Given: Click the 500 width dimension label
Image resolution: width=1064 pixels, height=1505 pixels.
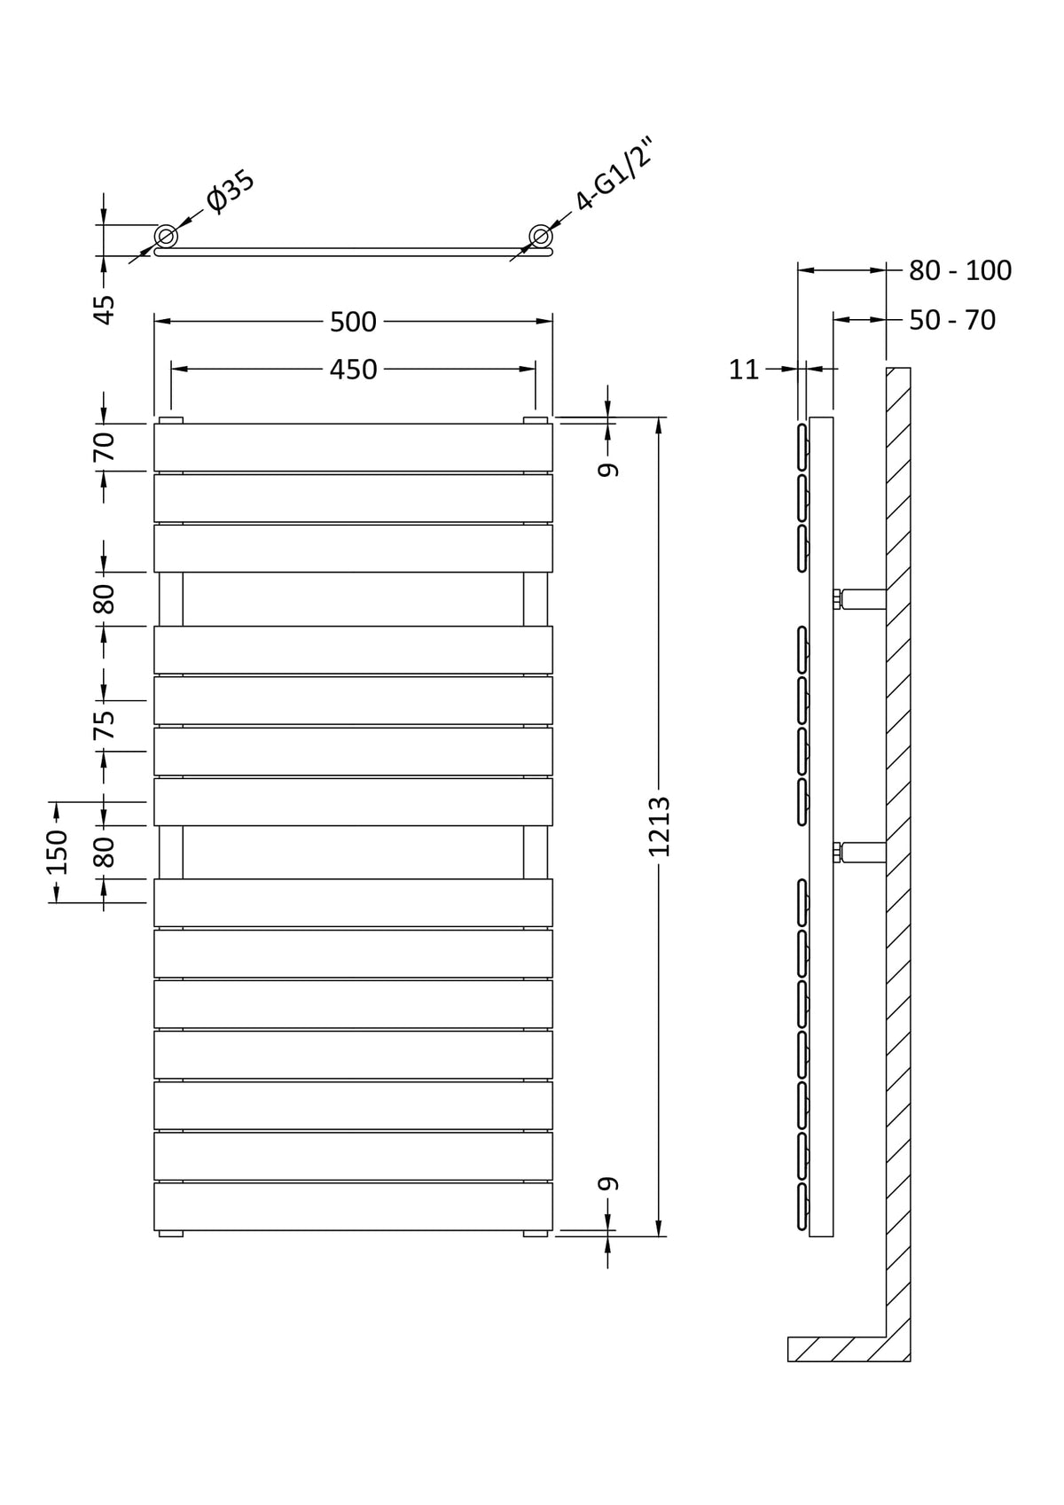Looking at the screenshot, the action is pos(353,323).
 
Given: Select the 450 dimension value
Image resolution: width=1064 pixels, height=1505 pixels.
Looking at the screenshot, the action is pos(353,370).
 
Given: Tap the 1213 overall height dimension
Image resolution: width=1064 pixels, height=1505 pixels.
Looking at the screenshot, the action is pos(660,826).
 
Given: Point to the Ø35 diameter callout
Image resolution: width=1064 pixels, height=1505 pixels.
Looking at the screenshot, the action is pos(231,192).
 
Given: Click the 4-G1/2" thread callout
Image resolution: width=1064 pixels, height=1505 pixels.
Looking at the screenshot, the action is pos(614,174).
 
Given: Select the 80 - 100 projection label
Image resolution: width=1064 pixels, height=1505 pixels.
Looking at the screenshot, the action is pos(960,270).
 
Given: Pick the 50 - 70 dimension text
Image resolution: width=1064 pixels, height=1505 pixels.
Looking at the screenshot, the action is pos(952,321).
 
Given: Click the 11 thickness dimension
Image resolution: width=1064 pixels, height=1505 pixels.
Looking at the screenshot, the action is pos(744,370).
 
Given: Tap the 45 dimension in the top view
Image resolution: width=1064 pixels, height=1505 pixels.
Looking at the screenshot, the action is pos(105,309).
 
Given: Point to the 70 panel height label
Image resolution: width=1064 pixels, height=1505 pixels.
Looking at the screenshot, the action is pos(105,447).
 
